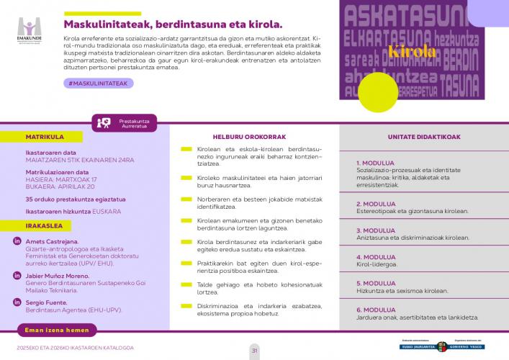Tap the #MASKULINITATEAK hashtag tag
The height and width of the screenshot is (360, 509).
[97, 84]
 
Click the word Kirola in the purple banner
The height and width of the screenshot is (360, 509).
[412, 51]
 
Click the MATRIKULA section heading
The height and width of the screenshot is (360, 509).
[45, 136]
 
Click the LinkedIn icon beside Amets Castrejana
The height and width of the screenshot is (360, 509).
[16, 241]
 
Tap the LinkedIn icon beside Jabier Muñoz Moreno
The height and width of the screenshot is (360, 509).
[16, 276]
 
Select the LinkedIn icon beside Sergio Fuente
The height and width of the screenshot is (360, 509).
[16, 303]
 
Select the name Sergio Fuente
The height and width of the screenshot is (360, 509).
[47, 302]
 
